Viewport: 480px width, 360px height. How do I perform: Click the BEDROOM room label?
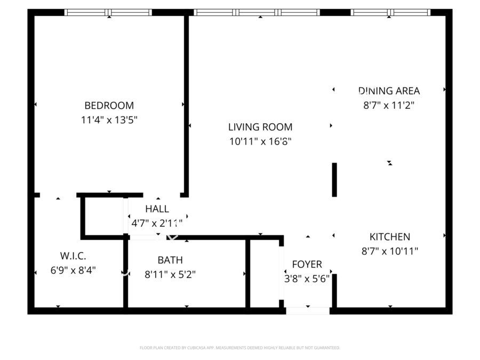coord(109,106)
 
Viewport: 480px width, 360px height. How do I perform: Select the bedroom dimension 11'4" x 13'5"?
coord(109,120)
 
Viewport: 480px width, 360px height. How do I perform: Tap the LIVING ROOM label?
coord(260,127)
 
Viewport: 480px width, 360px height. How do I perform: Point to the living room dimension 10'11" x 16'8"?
coord(260,141)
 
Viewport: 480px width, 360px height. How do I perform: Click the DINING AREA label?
coord(389,91)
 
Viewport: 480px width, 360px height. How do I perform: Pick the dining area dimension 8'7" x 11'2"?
coord(389,105)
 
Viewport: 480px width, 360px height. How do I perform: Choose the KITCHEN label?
coord(390,237)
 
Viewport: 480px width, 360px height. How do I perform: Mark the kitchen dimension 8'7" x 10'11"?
coord(390,251)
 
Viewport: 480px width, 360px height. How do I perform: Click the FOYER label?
coord(307,265)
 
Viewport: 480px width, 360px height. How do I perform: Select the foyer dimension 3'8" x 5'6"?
coord(307,278)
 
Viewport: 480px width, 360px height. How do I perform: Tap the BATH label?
coord(170,260)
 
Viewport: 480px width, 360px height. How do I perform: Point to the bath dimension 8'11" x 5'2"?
coord(170,275)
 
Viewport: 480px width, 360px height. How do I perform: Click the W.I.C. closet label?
coord(74,256)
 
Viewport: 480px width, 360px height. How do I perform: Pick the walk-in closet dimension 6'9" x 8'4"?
coord(74,270)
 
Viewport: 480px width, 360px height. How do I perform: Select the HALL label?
coord(157,209)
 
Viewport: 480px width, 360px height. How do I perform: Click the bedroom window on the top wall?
coord(108,12)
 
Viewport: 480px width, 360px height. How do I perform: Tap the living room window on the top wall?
coord(257,12)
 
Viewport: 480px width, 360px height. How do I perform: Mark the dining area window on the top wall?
coord(390,12)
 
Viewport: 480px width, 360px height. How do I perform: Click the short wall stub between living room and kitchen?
coord(334,180)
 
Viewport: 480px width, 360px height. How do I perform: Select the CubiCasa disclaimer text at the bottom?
coord(239,348)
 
